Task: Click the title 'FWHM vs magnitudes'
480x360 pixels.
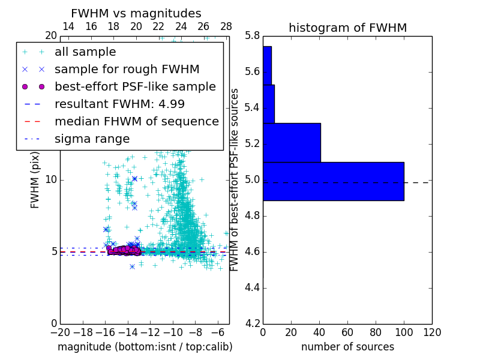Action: (x=136, y=13)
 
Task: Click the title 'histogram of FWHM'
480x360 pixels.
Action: (x=347, y=28)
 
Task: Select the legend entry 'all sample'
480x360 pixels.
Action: (x=85, y=52)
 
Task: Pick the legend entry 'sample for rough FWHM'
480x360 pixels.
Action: (x=127, y=69)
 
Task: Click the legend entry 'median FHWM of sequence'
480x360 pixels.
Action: (x=136, y=121)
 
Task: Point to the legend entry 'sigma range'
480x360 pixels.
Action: (x=92, y=139)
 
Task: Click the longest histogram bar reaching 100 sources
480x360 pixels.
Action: (x=333, y=181)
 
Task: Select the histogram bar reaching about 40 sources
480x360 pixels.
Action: (x=292, y=142)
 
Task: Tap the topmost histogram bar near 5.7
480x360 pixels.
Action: (x=267, y=65)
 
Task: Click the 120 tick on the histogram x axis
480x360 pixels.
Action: (x=432, y=332)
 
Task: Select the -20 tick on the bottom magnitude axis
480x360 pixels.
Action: (x=60, y=332)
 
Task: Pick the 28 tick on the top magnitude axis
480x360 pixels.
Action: (x=226, y=26)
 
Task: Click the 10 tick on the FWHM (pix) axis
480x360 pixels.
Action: (x=51, y=180)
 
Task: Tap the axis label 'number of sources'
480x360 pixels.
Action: (x=347, y=347)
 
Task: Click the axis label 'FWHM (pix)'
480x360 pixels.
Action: (x=35, y=180)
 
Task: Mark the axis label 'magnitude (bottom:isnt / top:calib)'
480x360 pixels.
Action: (x=145, y=347)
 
